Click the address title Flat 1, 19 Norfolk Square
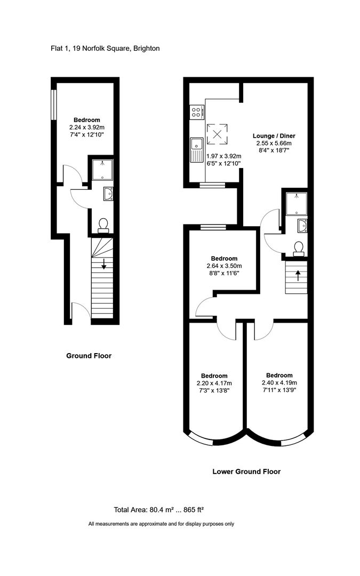(102, 49)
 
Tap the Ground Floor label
(89, 356)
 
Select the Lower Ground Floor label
(246, 471)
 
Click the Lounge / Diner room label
(272, 136)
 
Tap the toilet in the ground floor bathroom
(103, 225)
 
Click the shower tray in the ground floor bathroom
(101, 170)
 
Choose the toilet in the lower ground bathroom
(298, 248)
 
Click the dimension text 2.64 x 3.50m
(224, 266)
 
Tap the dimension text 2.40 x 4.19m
(279, 382)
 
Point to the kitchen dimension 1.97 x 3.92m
(223, 156)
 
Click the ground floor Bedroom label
(86, 120)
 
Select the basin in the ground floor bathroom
(108, 194)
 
